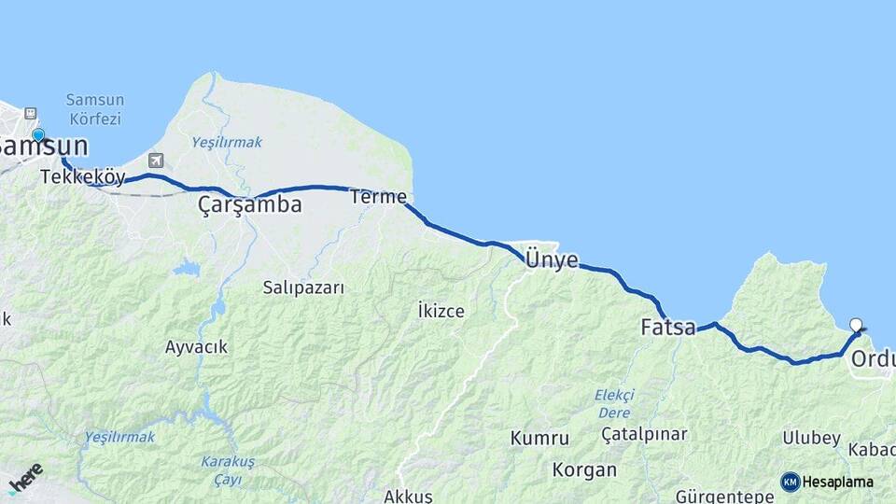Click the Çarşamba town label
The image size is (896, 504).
pyautogui.click(x=250, y=205)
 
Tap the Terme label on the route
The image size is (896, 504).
pyautogui.click(x=378, y=197)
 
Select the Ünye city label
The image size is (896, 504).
pyautogui.click(x=552, y=259)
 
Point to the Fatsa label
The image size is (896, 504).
pyautogui.click(x=668, y=328)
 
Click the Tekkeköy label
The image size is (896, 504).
pyautogui.click(x=83, y=176)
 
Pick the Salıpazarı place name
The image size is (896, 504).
pyautogui.click(x=303, y=287)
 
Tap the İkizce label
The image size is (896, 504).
pyautogui.click(x=441, y=310)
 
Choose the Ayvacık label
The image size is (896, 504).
pyautogui.click(x=196, y=347)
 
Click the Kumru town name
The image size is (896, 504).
pyautogui.click(x=539, y=438)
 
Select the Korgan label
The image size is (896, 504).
pyautogui.click(x=584, y=469)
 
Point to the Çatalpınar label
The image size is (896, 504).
pyautogui.click(x=644, y=434)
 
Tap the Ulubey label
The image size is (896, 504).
pyautogui.click(x=811, y=438)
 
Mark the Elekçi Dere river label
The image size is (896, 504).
pyautogui.click(x=614, y=403)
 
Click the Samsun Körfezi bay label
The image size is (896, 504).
pyautogui.click(x=95, y=109)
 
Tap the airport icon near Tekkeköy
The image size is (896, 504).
pyautogui.click(x=155, y=161)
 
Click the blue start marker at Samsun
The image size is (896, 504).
pyautogui.click(x=38, y=135)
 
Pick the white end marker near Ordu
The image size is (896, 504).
pyautogui.click(x=856, y=325)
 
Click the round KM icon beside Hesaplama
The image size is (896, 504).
pyautogui.click(x=791, y=482)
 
